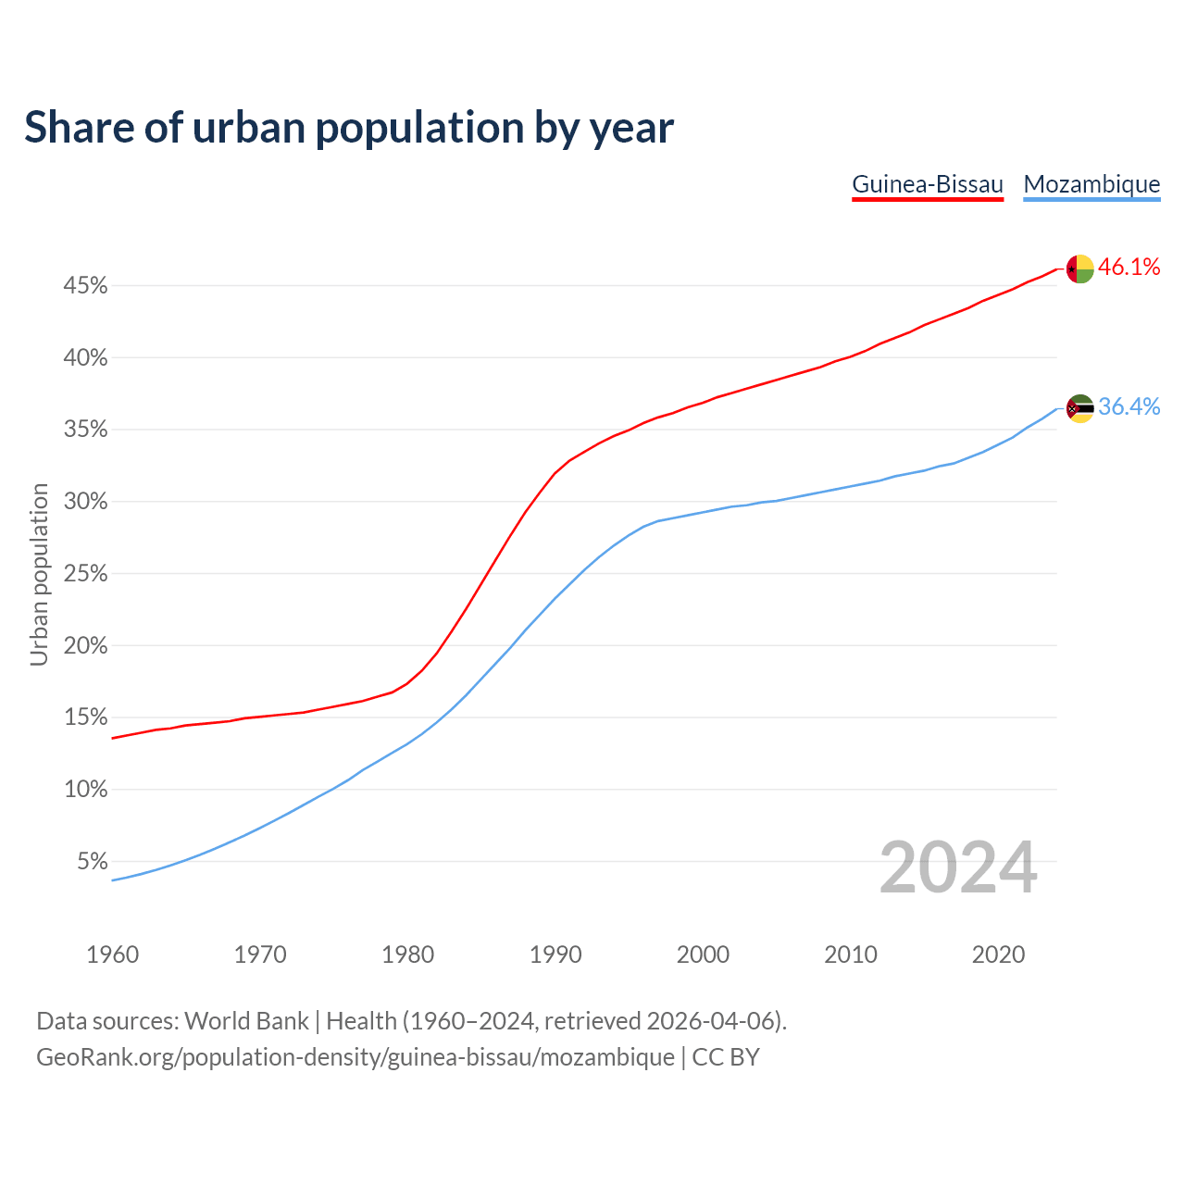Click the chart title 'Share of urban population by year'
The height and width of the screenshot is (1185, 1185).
click(349, 128)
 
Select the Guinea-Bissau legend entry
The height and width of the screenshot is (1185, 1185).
click(928, 184)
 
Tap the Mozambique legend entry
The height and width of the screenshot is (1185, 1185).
click(1091, 184)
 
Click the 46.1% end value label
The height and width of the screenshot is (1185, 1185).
click(1129, 268)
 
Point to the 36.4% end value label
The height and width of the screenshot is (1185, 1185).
click(1129, 407)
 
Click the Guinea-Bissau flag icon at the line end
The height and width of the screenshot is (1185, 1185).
click(1080, 269)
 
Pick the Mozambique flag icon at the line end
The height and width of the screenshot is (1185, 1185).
click(1080, 408)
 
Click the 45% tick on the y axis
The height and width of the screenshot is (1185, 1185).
click(85, 286)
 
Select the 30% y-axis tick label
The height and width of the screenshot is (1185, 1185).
click(85, 502)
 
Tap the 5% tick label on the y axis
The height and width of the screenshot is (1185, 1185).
click(92, 862)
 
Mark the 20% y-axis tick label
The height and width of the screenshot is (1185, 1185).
click(85, 646)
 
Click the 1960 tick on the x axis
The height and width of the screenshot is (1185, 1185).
click(113, 954)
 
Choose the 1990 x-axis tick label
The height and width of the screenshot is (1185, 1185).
click(555, 954)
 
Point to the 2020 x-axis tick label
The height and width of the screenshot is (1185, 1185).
click(998, 954)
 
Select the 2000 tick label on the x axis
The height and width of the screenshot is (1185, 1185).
click(703, 954)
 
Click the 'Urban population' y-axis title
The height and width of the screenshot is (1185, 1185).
click(39, 574)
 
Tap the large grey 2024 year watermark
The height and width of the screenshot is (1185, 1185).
click(958, 867)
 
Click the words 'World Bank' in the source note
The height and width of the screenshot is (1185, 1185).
click(246, 1021)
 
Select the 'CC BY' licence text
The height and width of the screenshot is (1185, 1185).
click(726, 1057)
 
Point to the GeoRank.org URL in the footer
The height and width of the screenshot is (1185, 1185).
click(355, 1057)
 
